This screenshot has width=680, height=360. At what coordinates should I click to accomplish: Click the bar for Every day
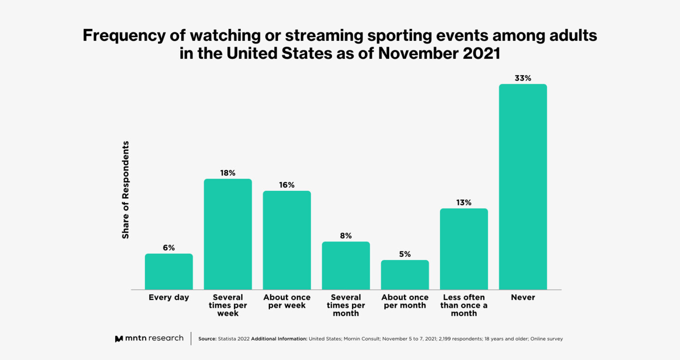(x=169, y=271)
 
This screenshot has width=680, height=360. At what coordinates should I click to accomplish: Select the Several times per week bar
(x=228, y=234)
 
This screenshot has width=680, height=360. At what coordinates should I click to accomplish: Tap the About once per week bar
(x=287, y=240)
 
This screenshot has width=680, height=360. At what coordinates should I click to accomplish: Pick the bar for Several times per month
(x=346, y=266)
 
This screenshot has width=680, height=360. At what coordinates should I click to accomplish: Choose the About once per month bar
(x=405, y=275)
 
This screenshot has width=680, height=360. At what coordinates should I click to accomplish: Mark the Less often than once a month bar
(x=464, y=249)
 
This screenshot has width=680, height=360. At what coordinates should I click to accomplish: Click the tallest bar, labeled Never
(x=523, y=187)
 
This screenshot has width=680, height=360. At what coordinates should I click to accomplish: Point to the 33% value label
(x=523, y=78)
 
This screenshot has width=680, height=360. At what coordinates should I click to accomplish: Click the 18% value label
(x=228, y=173)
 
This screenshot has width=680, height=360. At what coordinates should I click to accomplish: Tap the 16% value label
(x=287, y=185)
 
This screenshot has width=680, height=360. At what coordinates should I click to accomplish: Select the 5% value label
(x=405, y=254)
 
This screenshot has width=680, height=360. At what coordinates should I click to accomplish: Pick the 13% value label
(x=464, y=203)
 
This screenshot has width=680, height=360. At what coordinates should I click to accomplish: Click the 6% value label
(x=169, y=248)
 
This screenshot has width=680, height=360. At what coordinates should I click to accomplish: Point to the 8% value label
(x=346, y=236)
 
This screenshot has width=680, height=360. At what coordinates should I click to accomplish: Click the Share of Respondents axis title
(x=126, y=190)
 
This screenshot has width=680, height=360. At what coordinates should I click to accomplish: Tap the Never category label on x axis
(x=523, y=298)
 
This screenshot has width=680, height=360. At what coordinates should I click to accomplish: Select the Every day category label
(x=169, y=298)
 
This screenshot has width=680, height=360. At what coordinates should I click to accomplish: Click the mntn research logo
(x=149, y=338)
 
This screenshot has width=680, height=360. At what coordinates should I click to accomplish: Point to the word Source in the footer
(x=207, y=339)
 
